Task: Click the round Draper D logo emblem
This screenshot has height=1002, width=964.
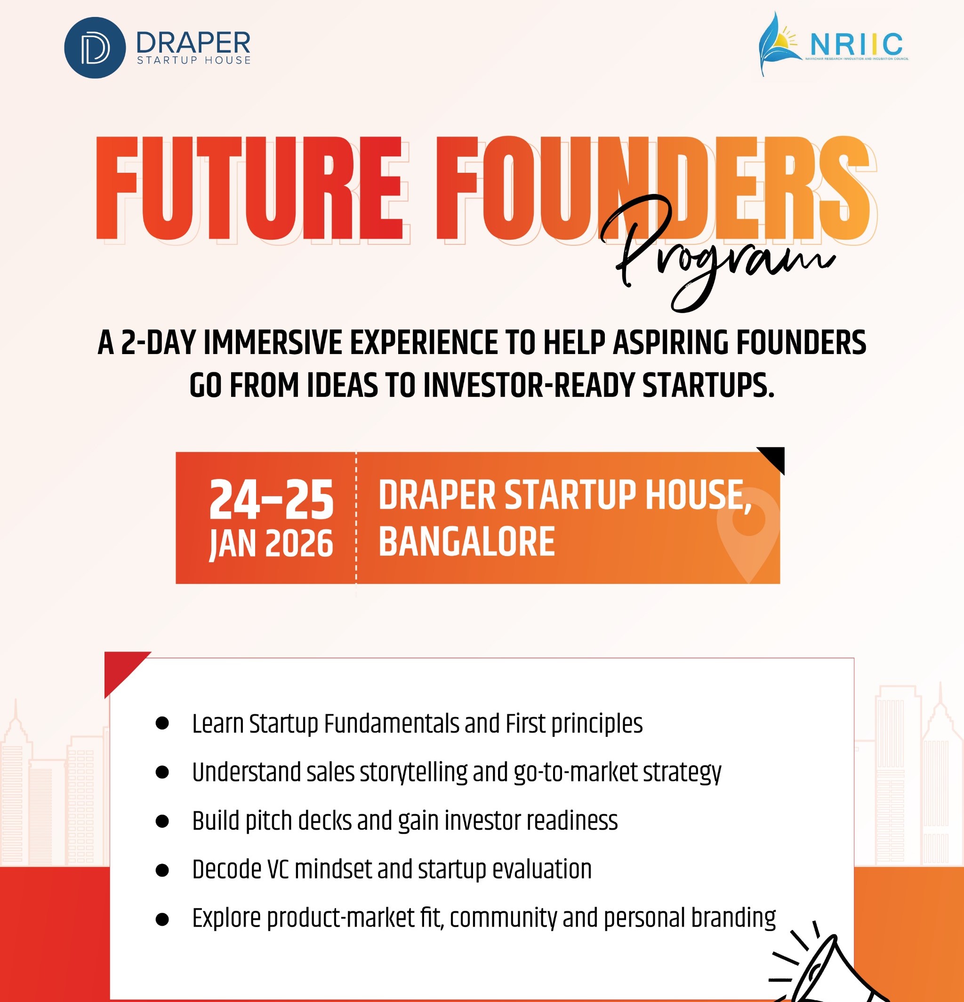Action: (x=95, y=48)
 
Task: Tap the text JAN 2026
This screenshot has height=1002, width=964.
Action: (x=272, y=544)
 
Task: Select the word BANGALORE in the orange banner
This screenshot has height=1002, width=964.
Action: (x=466, y=542)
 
